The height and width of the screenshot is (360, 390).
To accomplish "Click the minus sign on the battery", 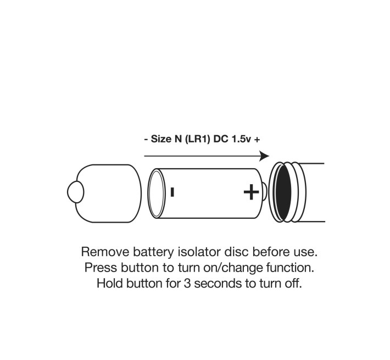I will (x=172, y=192).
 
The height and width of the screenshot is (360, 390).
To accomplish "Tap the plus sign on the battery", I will (x=251, y=192).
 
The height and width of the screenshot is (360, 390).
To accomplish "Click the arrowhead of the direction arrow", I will (x=264, y=156).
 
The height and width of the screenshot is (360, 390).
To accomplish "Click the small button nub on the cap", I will (x=74, y=192).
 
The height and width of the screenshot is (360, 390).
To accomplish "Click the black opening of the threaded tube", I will (x=282, y=192).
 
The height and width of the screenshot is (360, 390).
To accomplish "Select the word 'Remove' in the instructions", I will (x=104, y=252).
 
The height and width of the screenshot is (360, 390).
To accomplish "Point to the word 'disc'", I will (x=231, y=252).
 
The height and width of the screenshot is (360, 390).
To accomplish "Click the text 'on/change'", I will (x=219, y=269).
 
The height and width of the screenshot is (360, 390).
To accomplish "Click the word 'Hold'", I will (x=109, y=285).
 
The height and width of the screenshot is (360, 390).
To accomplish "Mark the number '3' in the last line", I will (x=184, y=285).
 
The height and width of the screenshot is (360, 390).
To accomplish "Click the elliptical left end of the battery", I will (x=157, y=192).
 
